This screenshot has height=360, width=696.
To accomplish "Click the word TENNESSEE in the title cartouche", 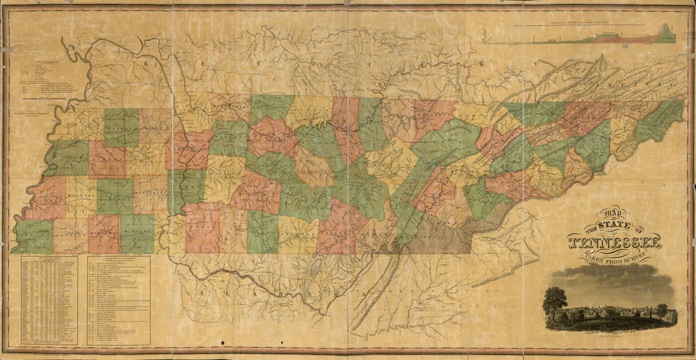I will click(x=614, y=242).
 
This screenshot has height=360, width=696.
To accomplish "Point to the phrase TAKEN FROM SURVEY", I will click(x=614, y=257).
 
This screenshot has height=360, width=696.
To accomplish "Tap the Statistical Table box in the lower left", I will click(x=49, y=300).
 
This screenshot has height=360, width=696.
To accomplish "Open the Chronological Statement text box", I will click(x=118, y=300).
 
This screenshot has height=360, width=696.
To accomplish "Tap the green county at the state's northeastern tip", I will click(x=661, y=120).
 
